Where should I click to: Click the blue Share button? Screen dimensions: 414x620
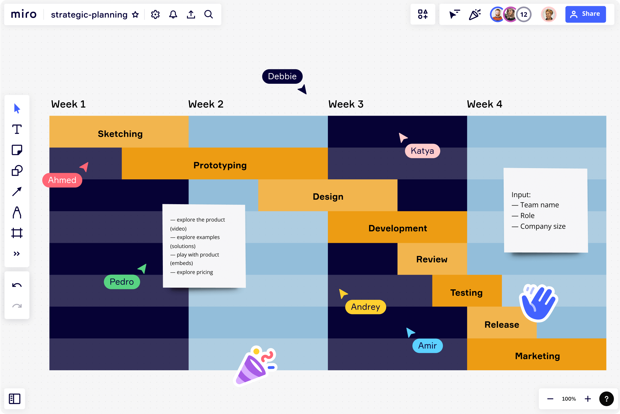[585, 14]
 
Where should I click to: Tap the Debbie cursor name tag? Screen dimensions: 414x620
[282, 76]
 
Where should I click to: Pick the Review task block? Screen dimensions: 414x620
[432, 259]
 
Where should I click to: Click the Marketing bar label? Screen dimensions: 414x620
[537, 356]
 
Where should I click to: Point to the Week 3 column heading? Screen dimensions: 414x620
[346, 104]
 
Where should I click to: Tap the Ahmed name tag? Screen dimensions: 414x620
[62, 180]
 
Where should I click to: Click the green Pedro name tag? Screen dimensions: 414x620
[122, 281]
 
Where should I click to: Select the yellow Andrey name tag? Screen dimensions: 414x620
[365, 307]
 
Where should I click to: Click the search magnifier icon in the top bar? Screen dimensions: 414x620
[208, 14]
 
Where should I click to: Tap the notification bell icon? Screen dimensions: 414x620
[173, 14]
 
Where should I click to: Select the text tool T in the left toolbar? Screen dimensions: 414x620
[17, 129]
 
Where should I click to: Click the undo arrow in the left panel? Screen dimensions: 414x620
[17, 285]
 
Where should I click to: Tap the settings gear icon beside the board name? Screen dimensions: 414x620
[155, 14]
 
